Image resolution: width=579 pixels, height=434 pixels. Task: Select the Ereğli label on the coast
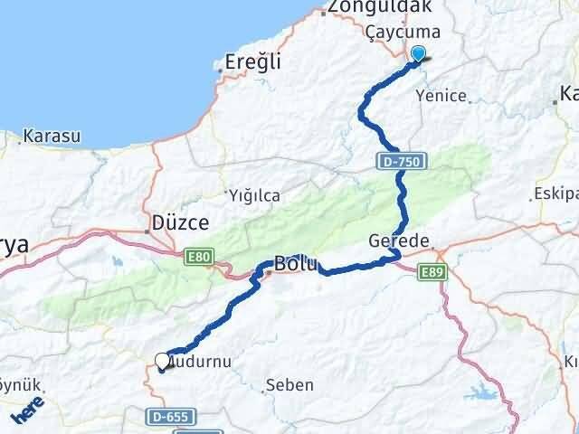pos(253,62)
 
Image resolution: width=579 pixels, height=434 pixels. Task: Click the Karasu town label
pos(52,137)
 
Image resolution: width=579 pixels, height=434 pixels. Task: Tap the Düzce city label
pos(179,222)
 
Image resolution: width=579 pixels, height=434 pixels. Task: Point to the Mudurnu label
pos(202,361)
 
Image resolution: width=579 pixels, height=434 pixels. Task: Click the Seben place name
pos(289,385)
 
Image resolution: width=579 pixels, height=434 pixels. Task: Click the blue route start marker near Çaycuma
pos(418,55)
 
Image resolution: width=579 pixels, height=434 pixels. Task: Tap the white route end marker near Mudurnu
pos(162,361)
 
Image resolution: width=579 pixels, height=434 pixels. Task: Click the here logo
pos(30,412)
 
